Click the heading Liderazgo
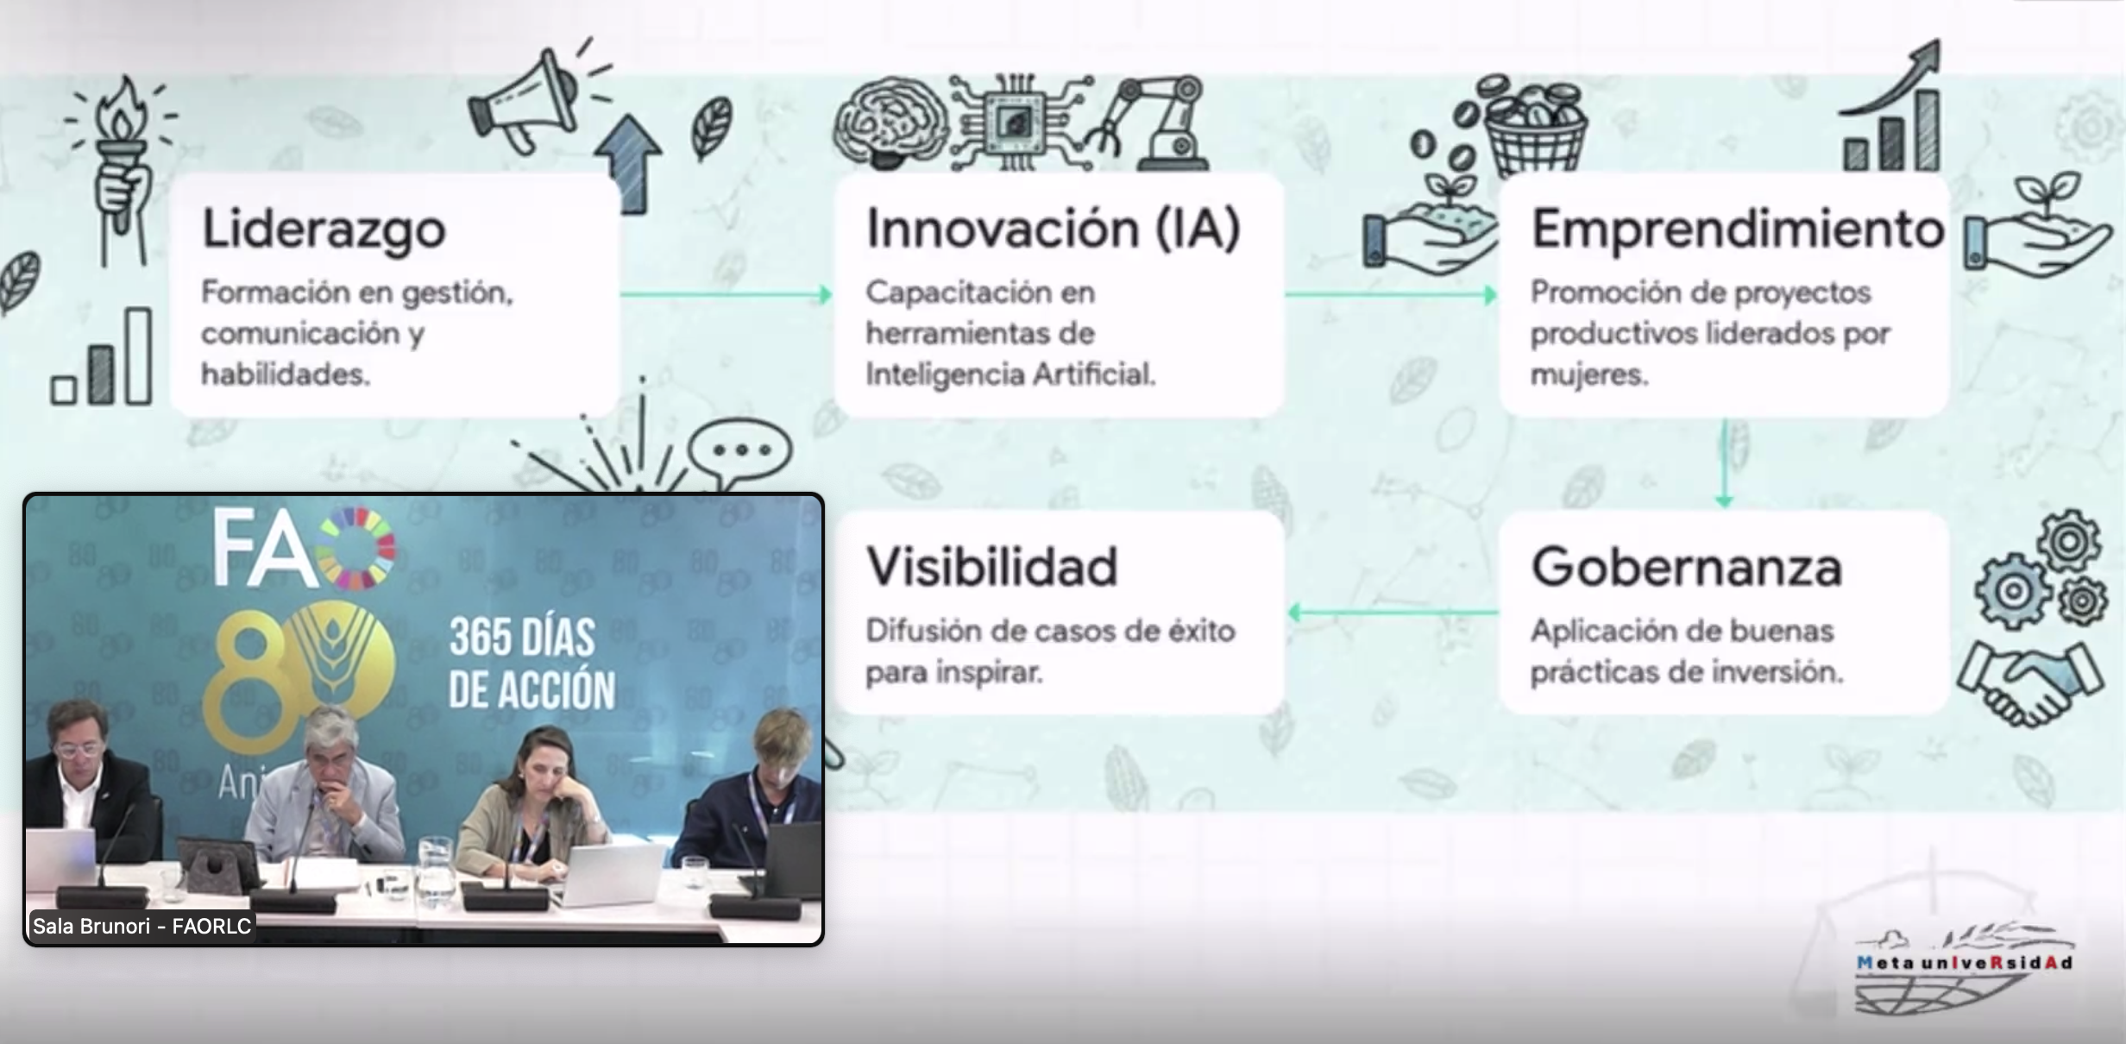[x=324, y=230]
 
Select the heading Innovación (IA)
[x=1053, y=230]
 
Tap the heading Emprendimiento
[x=1737, y=230]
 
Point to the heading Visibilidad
[x=991, y=568]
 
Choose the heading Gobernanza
[x=1686, y=568]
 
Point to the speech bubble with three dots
[x=740, y=450]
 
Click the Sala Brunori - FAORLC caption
[x=142, y=927]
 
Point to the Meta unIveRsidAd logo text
[x=1964, y=963]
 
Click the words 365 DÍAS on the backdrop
[x=523, y=638]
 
